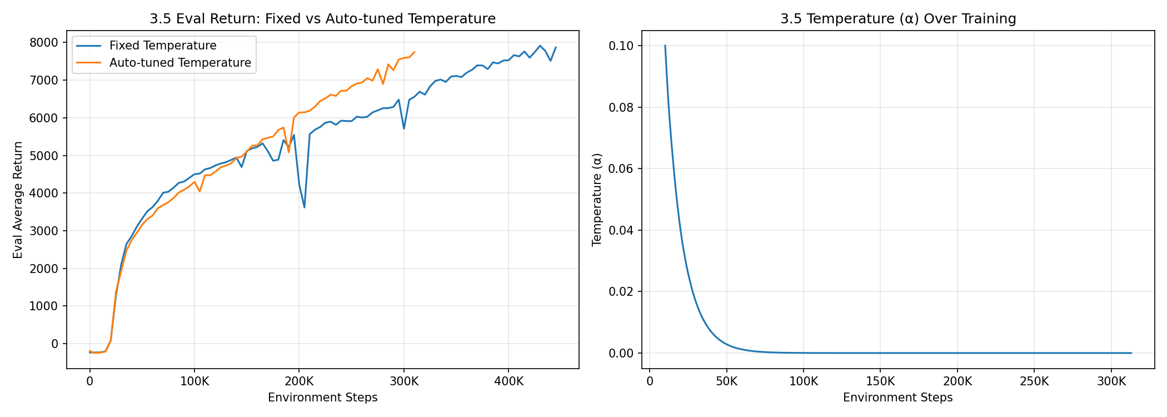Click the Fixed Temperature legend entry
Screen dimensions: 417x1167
click(162, 46)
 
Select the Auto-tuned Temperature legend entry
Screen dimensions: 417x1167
click(179, 63)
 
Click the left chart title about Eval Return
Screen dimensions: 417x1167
click(322, 19)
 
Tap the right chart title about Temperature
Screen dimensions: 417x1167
click(898, 19)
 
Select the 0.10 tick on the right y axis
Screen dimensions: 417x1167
click(621, 46)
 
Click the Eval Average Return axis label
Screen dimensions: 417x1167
click(18, 200)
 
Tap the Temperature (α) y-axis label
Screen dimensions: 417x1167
click(597, 200)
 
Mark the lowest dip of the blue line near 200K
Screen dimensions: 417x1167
click(305, 207)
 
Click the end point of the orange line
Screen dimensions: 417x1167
click(415, 52)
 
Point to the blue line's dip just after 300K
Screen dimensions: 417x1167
click(404, 128)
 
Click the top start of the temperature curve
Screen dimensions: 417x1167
click(665, 46)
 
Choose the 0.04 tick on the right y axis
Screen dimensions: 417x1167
click(621, 230)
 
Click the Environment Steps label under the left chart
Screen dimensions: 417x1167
click(322, 398)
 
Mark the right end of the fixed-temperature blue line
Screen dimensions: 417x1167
click(556, 47)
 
